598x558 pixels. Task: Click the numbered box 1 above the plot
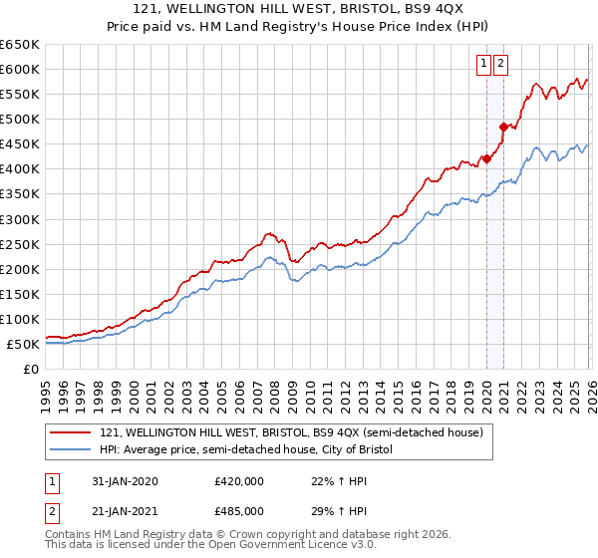coord(483,64)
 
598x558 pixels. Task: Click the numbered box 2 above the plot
coord(500,64)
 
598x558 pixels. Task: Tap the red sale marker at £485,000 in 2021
coord(504,127)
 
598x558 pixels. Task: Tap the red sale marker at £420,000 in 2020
coord(486,158)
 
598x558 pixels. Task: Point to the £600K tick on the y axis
coord(21,69)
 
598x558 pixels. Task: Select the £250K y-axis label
coord(21,244)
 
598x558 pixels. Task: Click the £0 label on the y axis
coord(32,369)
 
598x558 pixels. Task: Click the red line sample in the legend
coord(72,432)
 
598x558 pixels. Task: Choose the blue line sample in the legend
coord(72,450)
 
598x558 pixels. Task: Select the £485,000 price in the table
coord(239,510)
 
